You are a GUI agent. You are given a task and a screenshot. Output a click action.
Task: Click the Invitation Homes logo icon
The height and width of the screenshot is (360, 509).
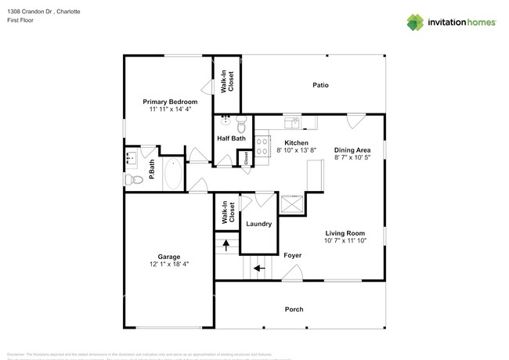[x=415, y=22]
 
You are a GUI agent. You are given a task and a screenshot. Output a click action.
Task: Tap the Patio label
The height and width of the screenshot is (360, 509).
[x=320, y=85]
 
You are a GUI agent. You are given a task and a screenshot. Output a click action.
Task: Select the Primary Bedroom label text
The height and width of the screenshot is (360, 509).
[x=169, y=102]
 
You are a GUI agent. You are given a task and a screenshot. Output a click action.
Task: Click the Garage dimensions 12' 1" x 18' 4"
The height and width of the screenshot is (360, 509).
[x=169, y=265]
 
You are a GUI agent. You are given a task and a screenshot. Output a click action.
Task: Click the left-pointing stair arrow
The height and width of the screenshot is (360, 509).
[x=258, y=268]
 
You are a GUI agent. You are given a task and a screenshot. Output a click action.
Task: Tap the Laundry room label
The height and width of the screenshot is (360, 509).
[x=258, y=224]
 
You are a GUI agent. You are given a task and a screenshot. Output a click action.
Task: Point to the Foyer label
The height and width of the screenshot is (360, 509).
[x=293, y=255]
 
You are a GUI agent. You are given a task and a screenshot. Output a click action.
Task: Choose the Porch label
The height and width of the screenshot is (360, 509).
[x=293, y=309]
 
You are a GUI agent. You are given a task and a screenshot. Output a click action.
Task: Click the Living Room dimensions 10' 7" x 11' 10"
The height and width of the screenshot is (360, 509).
[x=345, y=240]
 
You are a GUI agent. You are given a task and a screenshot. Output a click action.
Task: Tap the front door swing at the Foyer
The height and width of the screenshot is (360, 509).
[x=294, y=272]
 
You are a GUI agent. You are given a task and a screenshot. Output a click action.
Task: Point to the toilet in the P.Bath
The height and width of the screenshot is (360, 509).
[x=132, y=180]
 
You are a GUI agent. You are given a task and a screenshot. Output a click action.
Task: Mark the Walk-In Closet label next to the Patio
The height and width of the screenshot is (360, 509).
[x=227, y=82]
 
